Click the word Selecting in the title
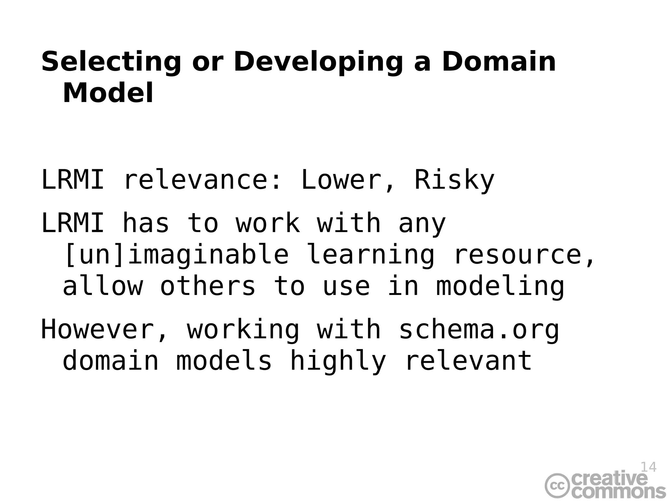[x=111, y=62]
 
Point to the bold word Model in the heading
[x=108, y=93]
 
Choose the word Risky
[x=454, y=180]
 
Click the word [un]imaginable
[x=176, y=255]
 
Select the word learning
[x=371, y=255]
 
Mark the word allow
[x=103, y=286]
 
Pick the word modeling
[x=500, y=286]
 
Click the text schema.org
[x=479, y=330]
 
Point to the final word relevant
[x=469, y=361]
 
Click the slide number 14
[x=648, y=467]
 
